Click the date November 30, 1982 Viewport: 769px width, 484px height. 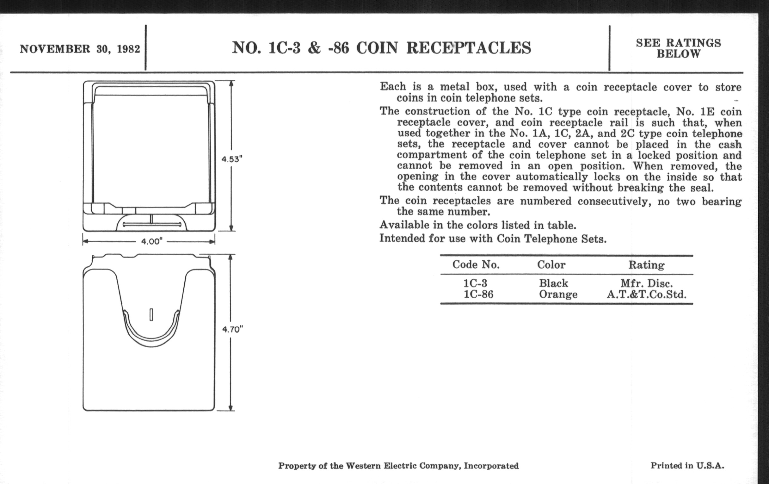[80, 49]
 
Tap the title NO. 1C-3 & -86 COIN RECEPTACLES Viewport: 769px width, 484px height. [381, 48]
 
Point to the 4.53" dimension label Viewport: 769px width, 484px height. [232, 159]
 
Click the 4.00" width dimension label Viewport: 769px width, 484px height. [152, 241]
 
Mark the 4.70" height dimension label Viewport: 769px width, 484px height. [233, 329]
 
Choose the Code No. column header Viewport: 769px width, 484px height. [476, 264]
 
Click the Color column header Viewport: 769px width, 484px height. [551, 264]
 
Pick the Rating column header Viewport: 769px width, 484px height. [646, 265]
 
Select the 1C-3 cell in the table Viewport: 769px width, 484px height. [475, 283]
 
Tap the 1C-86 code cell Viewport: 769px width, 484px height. [478, 294]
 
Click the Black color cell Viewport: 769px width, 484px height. [553, 283]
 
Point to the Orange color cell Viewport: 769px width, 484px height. [558, 294]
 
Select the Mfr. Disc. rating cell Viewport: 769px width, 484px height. [646, 283]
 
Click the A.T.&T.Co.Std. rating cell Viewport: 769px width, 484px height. [646, 294]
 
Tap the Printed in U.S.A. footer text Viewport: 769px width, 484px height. [687, 465]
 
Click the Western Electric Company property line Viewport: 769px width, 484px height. [398, 466]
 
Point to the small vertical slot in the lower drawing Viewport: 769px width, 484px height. [151, 314]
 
